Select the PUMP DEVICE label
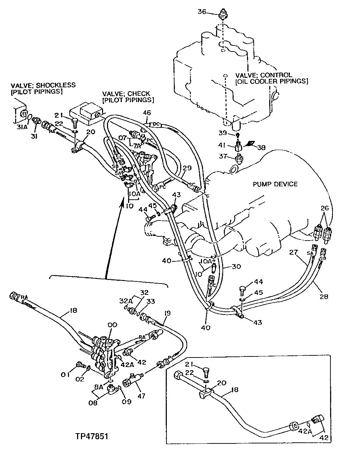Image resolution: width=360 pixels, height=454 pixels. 275,184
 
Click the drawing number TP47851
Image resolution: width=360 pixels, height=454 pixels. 91,436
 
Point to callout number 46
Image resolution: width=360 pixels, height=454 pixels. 147,113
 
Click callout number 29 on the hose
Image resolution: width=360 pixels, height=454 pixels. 187,168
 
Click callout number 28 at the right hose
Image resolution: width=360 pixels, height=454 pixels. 324,297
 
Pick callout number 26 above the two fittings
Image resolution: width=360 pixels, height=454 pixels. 324,209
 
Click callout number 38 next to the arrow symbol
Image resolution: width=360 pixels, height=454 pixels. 261,148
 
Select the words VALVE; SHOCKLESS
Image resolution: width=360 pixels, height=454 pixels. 43,86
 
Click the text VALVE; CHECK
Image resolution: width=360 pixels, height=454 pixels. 126,94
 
